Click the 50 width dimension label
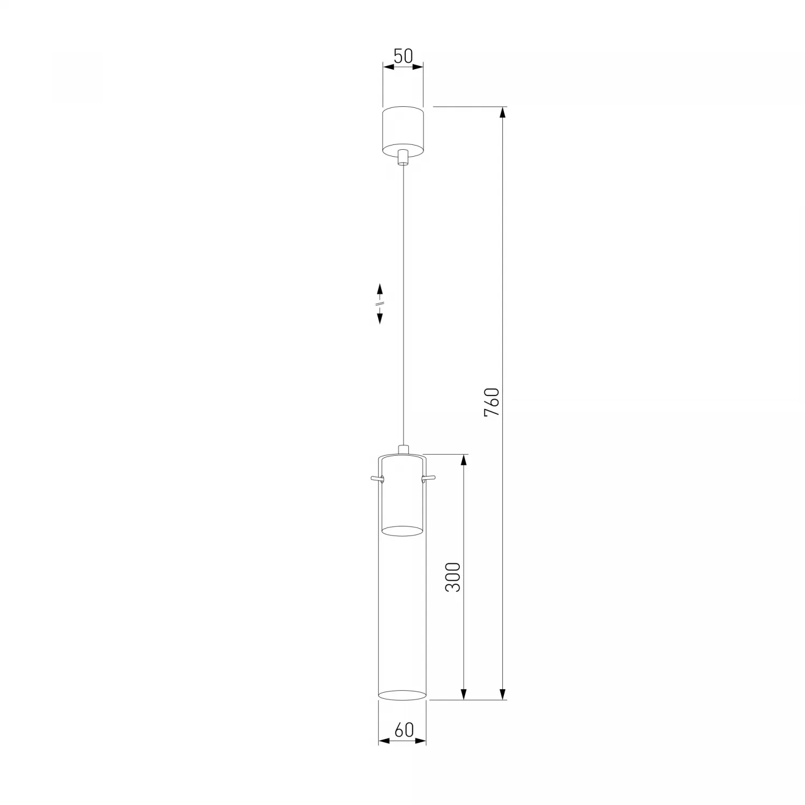[403, 56]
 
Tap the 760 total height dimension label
[492, 402]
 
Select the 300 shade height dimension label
[453, 577]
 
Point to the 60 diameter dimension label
[404, 730]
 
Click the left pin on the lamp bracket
[376, 477]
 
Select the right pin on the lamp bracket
[429, 477]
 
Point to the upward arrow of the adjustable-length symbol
[380, 290]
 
